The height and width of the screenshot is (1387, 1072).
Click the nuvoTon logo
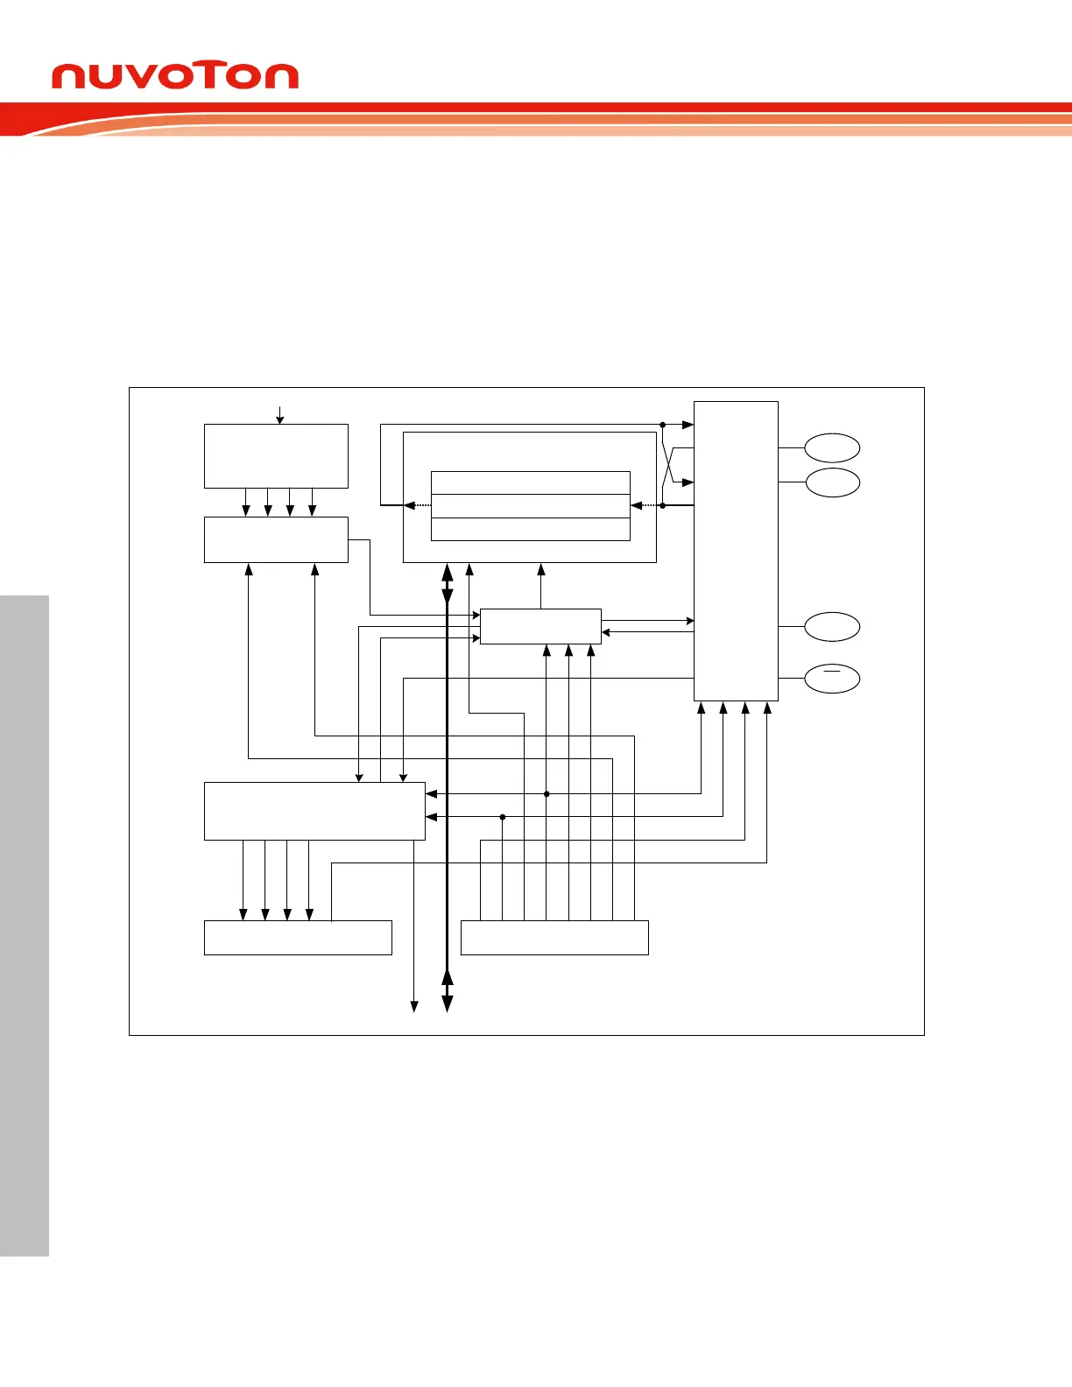(175, 76)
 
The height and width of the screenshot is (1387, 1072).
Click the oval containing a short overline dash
(832, 679)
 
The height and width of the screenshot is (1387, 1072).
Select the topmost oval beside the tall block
(832, 447)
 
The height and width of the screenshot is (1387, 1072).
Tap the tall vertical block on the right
(736, 552)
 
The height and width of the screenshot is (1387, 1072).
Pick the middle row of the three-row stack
(531, 506)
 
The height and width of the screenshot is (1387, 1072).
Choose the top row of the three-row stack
(531, 482)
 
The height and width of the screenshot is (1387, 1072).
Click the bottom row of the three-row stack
(531, 529)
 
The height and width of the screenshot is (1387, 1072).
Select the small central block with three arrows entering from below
(540, 626)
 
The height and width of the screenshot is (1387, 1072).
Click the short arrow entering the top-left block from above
(280, 415)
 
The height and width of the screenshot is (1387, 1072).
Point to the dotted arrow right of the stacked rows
(646, 505)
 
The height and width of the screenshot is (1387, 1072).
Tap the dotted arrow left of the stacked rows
(418, 505)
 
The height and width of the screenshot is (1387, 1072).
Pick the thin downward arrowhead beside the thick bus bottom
(414, 1006)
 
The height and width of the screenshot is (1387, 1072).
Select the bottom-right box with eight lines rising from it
(554, 937)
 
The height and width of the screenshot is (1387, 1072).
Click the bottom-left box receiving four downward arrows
(298, 937)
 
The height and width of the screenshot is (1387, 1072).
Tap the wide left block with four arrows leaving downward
(314, 811)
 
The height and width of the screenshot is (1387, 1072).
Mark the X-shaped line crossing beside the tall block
(673, 465)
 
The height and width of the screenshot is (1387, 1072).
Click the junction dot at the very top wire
(663, 425)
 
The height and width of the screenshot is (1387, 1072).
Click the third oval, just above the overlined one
(832, 627)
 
